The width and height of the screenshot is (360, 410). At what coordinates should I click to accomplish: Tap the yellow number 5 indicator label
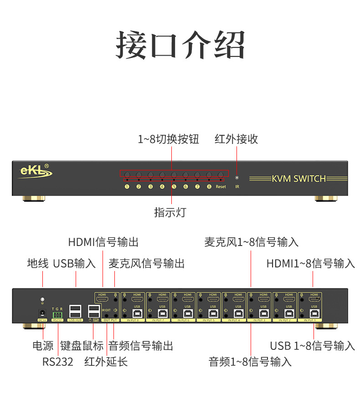pos(174,186)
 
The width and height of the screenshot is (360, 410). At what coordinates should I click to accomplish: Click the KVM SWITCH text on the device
pos(299,179)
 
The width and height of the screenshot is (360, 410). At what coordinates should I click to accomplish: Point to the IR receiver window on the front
pos(237,178)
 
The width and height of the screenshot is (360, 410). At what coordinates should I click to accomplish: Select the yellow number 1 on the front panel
pos(127,186)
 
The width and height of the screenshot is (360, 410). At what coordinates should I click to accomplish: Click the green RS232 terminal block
pos(57,314)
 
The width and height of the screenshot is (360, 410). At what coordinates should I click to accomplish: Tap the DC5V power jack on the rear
pos(42,313)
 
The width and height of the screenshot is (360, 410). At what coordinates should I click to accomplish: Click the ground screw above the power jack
pos(42,300)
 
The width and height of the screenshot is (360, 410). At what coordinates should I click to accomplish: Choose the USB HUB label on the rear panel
pos(75,320)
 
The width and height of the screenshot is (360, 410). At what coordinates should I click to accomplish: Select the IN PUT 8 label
pos(132,321)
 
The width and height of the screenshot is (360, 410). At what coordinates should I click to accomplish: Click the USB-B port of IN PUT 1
pos(313,313)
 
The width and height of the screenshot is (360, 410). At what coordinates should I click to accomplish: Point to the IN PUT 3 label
pos(260,321)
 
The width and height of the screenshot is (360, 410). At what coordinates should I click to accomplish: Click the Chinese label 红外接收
pos(237,139)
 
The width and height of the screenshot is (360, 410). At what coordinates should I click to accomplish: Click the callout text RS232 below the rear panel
pos(58,362)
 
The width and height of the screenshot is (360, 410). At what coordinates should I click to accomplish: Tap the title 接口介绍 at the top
pos(180,46)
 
